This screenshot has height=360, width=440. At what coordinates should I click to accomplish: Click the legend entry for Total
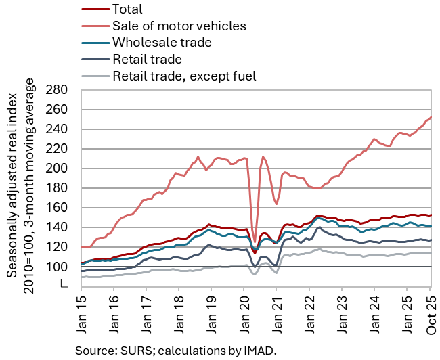tap(129, 10)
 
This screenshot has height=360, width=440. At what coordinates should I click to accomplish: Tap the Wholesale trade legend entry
tap(162, 43)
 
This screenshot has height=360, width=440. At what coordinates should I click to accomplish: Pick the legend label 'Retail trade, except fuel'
tap(185, 75)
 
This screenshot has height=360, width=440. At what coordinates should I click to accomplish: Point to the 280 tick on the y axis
tap(61, 90)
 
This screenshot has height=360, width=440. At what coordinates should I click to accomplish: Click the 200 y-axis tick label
tap(61, 168)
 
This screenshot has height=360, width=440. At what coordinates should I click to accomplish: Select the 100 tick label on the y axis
tap(61, 267)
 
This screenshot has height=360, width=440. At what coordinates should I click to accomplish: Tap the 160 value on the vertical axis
tap(61, 208)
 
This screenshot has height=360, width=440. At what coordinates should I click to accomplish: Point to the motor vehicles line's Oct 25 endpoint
tap(431, 116)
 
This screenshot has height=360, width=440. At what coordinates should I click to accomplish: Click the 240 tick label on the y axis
tap(61, 129)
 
